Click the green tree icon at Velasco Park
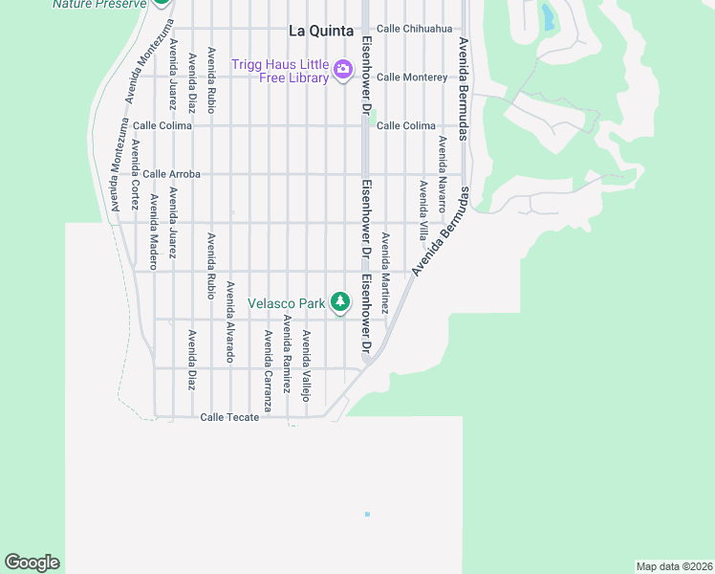point(340,302)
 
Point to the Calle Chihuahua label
point(414,29)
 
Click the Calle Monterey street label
point(412,77)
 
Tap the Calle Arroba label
point(171,174)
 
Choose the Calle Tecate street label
point(229,417)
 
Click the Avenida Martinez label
point(385,275)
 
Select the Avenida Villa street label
point(422,210)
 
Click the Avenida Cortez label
point(135,175)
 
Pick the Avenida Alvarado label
point(229,320)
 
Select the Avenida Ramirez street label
point(287,355)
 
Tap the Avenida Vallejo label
point(307,366)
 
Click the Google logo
point(32,563)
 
